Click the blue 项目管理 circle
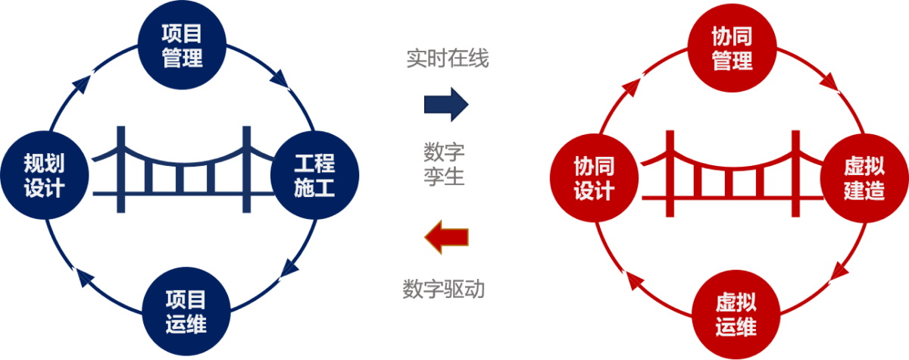(x=183, y=45)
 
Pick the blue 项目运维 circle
(x=186, y=312)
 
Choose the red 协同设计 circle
(x=593, y=178)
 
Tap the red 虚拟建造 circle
(x=864, y=178)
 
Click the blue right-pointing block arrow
(x=446, y=104)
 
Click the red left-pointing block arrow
(x=446, y=237)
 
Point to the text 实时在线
(x=447, y=59)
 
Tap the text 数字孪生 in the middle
(x=444, y=164)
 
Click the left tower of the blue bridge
(x=119, y=170)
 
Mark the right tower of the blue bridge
(x=246, y=170)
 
